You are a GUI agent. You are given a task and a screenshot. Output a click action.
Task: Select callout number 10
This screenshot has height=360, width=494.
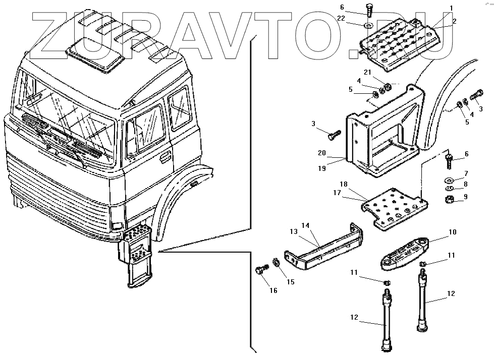tap(452, 233)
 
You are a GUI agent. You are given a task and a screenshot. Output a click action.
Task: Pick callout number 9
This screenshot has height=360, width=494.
tap(465, 197)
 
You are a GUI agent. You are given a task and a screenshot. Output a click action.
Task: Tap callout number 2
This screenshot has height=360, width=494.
tap(454, 21)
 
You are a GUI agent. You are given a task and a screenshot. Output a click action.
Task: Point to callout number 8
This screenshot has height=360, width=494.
tap(465, 185)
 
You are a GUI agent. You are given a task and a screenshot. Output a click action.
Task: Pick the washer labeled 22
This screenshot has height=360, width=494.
tap(367, 24)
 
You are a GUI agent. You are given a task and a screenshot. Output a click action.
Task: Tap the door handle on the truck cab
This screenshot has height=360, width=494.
tap(164, 158)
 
